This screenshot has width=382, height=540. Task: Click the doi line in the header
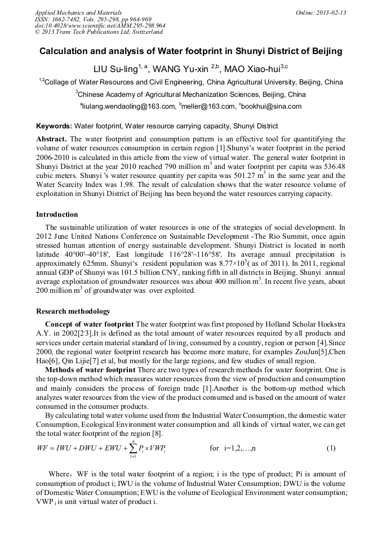click(x=100, y=26)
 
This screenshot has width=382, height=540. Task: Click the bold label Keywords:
click(x=54, y=126)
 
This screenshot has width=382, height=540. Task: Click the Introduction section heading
click(x=57, y=215)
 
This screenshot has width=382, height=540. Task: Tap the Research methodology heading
click(x=73, y=311)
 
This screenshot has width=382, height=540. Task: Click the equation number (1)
click(x=331, y=448)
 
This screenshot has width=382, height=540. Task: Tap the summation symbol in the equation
click(x=133, y=448)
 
